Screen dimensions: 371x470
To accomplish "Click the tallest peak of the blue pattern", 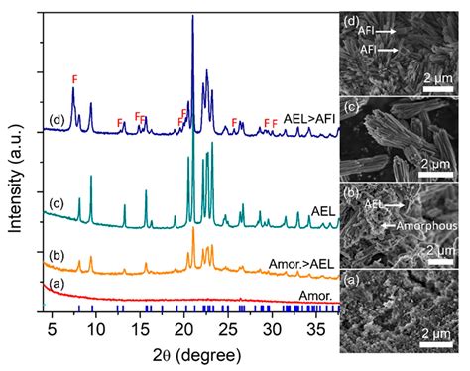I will [192, 18].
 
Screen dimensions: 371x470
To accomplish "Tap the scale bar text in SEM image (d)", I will [438, 76].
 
